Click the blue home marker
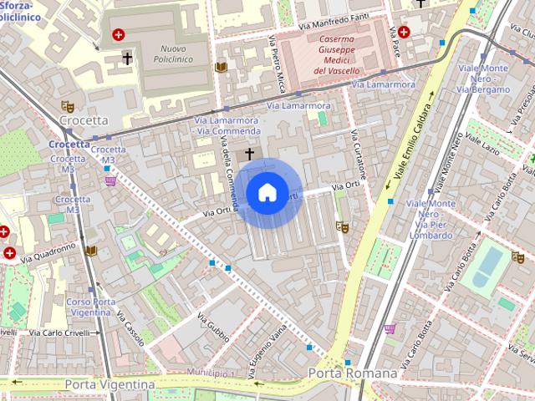pyautogui.click(x=267, y=192)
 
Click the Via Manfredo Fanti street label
pyautogui.click(x=334, y=27)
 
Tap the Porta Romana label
pyautogui.click(x=352, y=373)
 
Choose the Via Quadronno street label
pyautogui.click(x=48, y=252)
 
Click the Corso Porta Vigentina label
pyautogui.click(x=91, y=307)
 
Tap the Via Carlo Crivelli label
pyautogui.click(x=60, y=332)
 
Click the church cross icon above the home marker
pyautogui.click(x=249, y=155)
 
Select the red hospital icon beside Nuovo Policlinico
pyautogui.click(x=119, y=35)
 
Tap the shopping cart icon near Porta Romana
pyautogui.click(x=390, y=329)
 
